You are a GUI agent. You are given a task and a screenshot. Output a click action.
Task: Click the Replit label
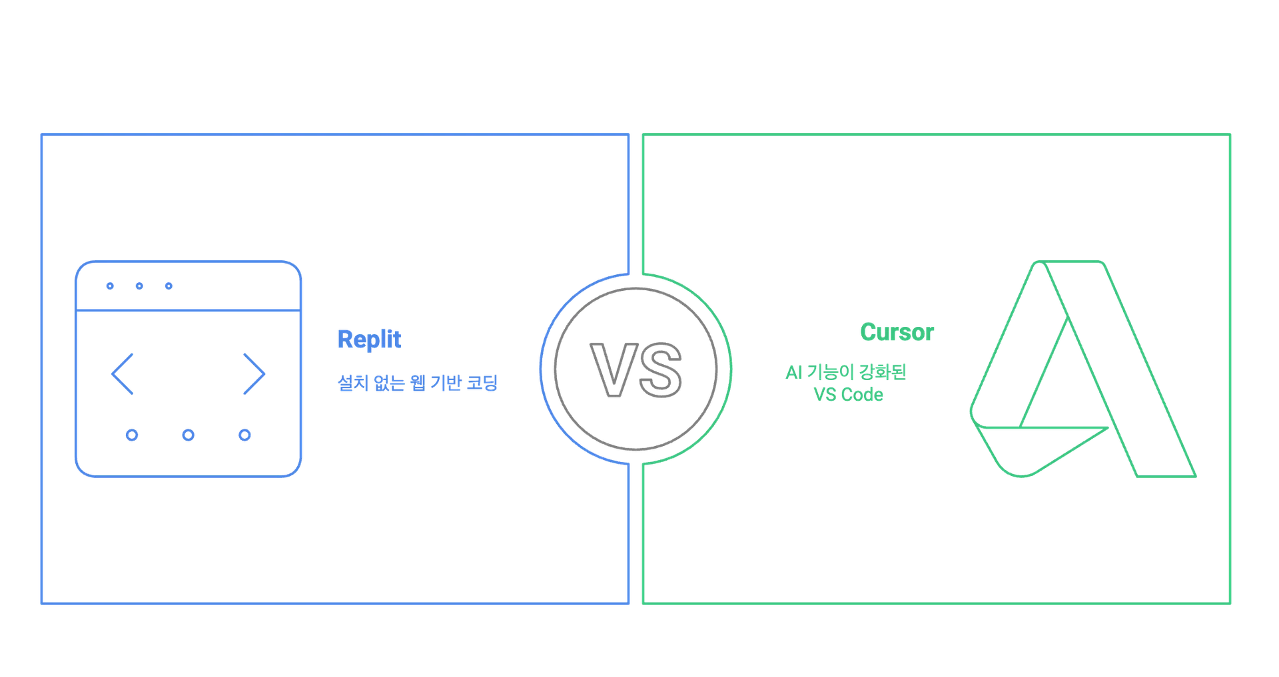[x=369, y=340]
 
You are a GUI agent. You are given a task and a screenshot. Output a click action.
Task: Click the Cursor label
[x=897, y=332]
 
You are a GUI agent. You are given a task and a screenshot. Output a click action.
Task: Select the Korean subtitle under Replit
[x=418, y=383]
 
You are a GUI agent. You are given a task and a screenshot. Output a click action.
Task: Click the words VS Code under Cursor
[x=847, y=395]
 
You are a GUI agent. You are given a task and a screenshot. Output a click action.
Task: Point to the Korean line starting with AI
[x=846, y=373]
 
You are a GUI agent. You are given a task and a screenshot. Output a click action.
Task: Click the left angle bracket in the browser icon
[x=123, y=375]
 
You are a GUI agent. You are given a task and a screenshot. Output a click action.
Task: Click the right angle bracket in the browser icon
[x=254, y=375]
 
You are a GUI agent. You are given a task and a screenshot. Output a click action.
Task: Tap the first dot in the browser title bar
[x=110, y=287]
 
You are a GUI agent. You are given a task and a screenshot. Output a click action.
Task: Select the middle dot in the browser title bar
[x=140, y=287]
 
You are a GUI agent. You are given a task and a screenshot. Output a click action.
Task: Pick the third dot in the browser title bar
[x=169, y=287]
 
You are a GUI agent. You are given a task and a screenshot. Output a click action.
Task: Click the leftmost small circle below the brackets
[x=133, y=436]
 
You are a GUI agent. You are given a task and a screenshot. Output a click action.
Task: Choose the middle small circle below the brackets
[x=189, y=436]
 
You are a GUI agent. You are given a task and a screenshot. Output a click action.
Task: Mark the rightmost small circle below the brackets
[x=245, y=436]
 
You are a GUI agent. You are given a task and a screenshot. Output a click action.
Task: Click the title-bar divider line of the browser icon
[x=188, y=311]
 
